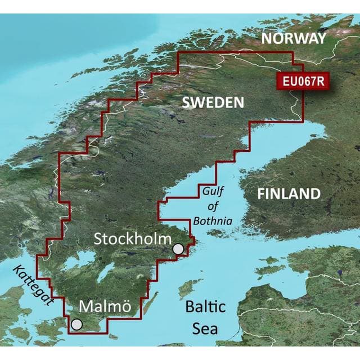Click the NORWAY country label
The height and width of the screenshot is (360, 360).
pos(294,38)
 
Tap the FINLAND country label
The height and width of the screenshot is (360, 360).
pos(289,194)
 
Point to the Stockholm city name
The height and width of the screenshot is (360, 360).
pos(132,238)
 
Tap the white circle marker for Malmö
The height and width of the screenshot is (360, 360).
pos(76,325)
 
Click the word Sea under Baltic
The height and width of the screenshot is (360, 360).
pos(205,327)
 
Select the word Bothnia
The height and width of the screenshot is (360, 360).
pos(212,221)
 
